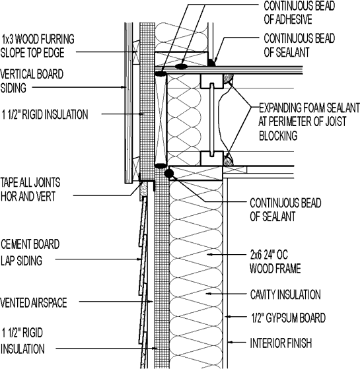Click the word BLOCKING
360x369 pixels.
point(279,135)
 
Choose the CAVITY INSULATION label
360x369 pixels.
point(285,294)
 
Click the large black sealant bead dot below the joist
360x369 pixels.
point(170,174)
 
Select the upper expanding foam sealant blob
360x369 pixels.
point(229,80)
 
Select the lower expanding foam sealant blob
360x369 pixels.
point(229,159)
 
